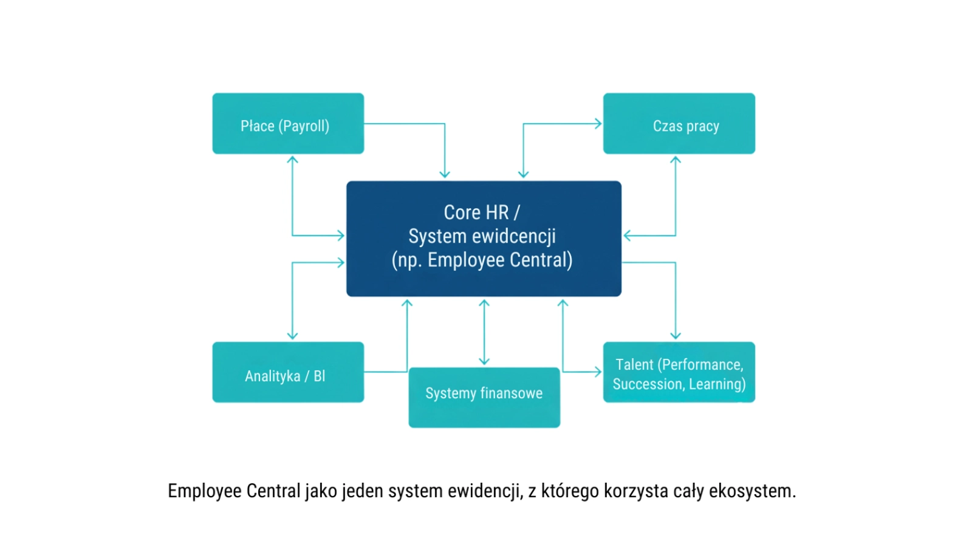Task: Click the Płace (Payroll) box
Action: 288,124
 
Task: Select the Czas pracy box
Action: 679,124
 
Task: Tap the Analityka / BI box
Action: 288,372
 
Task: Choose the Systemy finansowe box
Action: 484,398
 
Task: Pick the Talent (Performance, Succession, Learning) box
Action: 679,372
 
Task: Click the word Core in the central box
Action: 462,212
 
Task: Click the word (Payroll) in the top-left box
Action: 304,126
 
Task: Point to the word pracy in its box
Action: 702,126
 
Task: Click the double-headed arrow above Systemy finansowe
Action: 484,332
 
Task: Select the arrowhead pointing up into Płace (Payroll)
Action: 292,160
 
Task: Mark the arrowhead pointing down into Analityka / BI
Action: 292,335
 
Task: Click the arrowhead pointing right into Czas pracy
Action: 598,124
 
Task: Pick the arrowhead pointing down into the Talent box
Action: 676,335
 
